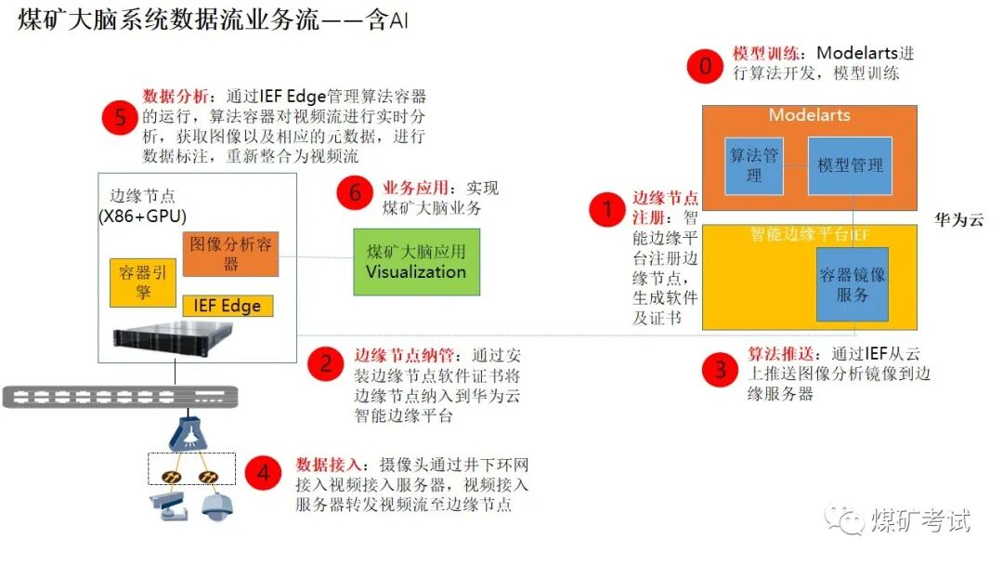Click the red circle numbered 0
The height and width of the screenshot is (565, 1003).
(705, 66)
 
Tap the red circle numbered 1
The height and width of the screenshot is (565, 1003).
(608, 209)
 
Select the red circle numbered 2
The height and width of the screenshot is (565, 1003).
(326, 363)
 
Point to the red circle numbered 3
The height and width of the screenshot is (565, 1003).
(720, 371)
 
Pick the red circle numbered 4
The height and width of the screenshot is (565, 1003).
(264, 474)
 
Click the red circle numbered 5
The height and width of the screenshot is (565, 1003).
(120, 117)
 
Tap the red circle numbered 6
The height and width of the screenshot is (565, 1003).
(355, 193)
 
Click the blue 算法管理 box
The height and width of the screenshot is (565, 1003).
(753, 165)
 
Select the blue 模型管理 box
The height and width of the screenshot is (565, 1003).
(850, 165)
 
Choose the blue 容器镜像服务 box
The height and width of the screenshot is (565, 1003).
(852, 283)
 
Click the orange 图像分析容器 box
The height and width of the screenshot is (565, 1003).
(230, 253)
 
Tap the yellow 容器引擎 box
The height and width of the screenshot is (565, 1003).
(142, 282)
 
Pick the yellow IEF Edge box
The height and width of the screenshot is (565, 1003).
(228, 306)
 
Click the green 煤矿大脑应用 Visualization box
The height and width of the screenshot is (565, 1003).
(416, 261)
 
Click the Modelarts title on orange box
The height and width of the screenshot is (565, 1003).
(809, 115)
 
